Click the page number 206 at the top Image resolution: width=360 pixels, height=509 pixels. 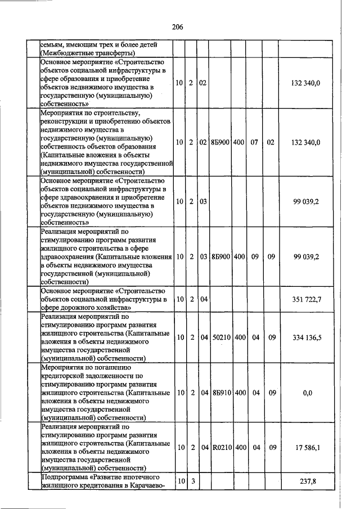pyautogui.click(x=178, y=26)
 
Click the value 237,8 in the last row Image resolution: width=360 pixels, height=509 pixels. pyautogui.click(x=307, y=481)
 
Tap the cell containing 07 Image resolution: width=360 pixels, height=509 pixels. pyautogui.click(x=254, y=142)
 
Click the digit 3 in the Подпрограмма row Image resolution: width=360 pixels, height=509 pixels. pyautogui.click(x=191, y=481)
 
